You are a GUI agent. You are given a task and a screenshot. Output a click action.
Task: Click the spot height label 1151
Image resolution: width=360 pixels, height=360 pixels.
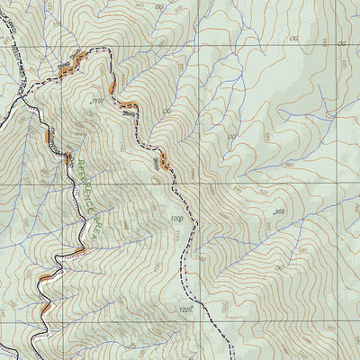[96, 103]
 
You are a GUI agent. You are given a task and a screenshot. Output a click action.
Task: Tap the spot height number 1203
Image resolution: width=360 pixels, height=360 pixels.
[176, 218]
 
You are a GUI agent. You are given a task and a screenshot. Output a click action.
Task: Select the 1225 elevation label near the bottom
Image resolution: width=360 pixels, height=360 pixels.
[184, 310]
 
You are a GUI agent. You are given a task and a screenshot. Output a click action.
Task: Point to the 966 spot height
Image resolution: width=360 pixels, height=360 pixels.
[279, 211]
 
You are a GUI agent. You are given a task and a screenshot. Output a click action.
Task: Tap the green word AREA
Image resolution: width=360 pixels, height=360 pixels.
[93, 233]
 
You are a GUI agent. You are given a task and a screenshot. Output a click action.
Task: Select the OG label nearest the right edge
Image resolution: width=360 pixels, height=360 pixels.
[341, 43]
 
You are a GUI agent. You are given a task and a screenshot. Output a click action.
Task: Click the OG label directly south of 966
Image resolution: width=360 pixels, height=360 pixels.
[278, 267]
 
